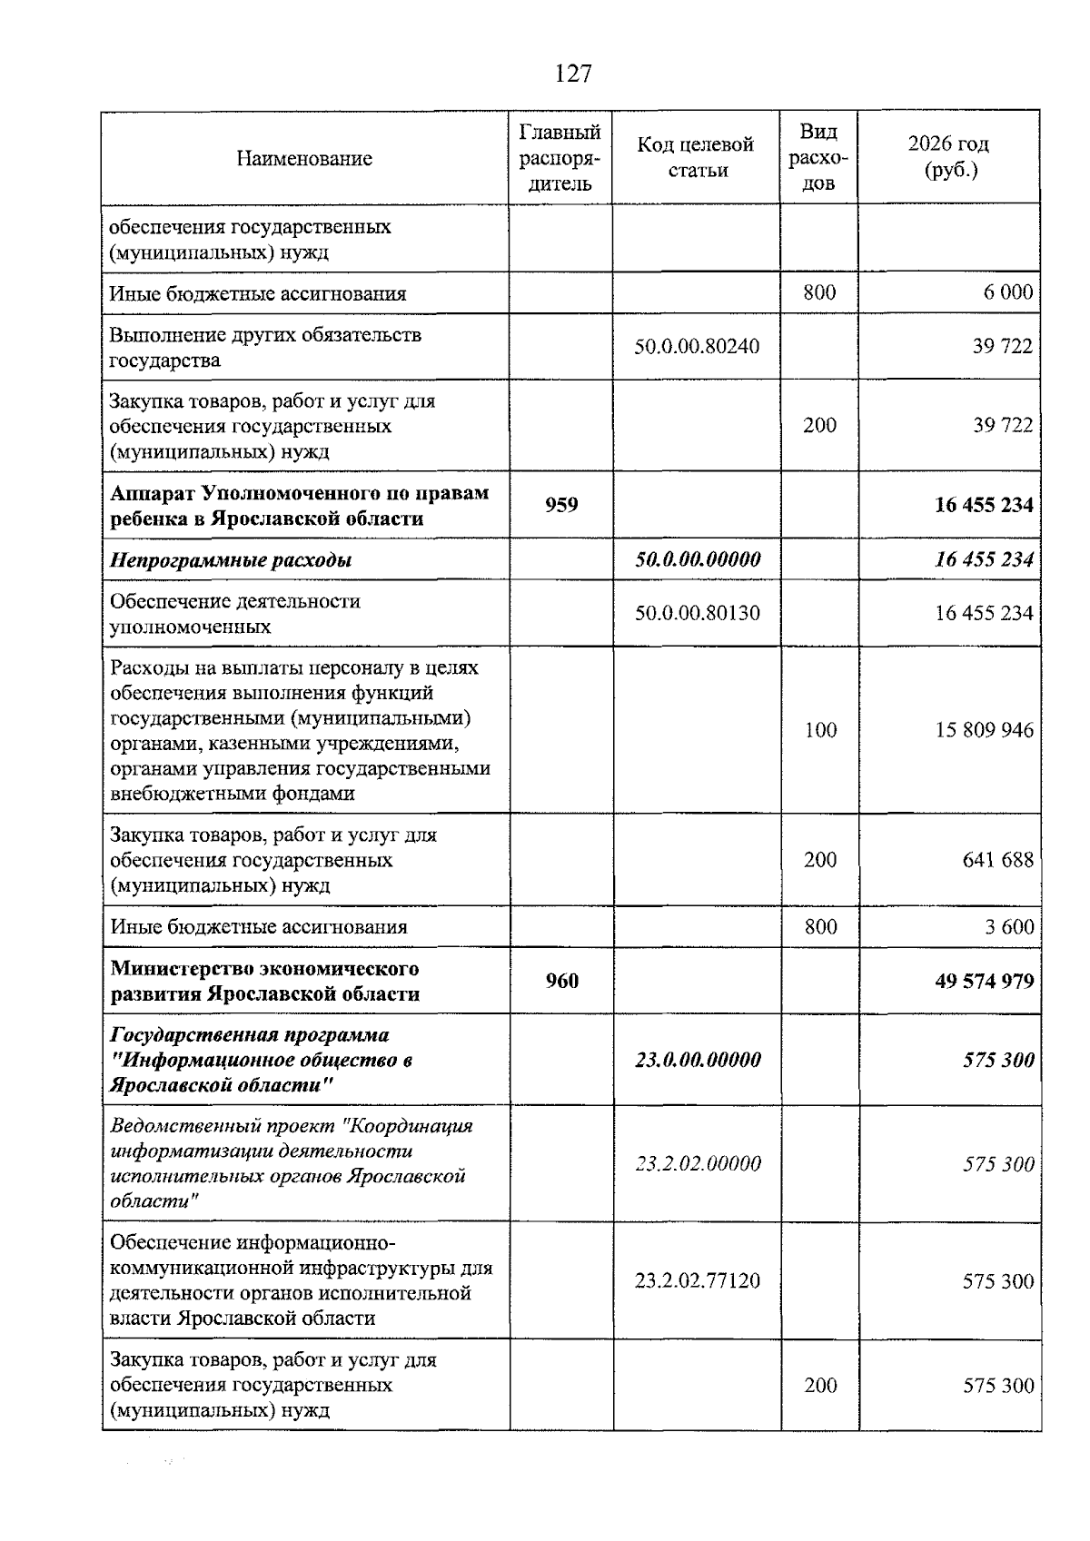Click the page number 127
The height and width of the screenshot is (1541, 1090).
coord(572,74)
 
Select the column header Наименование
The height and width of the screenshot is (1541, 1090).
coord(304,159)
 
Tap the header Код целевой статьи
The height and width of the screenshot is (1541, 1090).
coord(696,157)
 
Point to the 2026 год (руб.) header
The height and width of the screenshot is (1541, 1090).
coord(948,157)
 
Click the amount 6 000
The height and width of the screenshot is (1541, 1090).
coord(1008,292)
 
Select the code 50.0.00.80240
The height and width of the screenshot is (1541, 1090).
coord(697,346)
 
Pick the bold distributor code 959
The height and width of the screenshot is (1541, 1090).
coord(561,505)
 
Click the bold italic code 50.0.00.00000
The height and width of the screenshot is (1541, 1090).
coord(697,559)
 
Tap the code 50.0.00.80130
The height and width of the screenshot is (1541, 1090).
coord(697,613)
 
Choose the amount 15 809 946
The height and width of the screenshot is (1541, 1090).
coord(985,730)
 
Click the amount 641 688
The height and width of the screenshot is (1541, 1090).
coord(997,859)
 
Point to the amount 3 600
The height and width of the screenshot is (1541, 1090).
coord(1008,926)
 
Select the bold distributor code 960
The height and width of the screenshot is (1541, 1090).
coord(561,981)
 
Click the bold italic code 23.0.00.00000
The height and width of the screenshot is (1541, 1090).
coord(697,1060)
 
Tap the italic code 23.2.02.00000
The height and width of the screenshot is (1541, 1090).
coord(697,1163)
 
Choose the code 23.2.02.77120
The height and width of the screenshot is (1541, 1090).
coord(697,1280)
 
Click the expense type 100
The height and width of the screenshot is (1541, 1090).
coord(819,730)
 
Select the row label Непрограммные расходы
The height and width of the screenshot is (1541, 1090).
coord(231,559)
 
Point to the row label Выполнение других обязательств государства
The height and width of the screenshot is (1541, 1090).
coord(265,347)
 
